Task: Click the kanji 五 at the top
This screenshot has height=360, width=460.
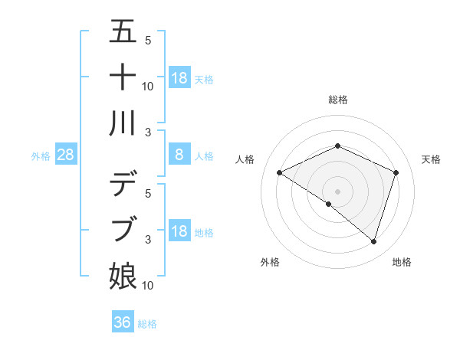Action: click(x=123, y=33)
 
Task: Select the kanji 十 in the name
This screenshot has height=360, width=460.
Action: click(x=123, y=77)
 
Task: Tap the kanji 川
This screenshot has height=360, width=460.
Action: click(x=123, y=123)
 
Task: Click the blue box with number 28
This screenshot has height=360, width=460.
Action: click(x=66, y=155)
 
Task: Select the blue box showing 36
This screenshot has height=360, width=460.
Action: click(x=123, y=322)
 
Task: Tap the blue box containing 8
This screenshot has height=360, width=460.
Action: click(x=179, y=155)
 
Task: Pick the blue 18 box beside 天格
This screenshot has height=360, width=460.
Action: click(x=179, y=78)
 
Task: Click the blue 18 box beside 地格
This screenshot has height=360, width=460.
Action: click(x=179, y=231)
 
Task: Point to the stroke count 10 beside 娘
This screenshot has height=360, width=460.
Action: click(x=148, y=286)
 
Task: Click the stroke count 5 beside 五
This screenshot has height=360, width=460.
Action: click(x=148, y=41)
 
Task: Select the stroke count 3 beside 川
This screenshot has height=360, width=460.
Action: click(x=148, y=133)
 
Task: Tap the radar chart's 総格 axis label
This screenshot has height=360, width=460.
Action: click(x=338, y=100)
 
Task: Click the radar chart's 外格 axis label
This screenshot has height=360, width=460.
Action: click(x=270, y=262)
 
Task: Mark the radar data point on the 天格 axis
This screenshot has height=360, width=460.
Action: click(x=396, y=172)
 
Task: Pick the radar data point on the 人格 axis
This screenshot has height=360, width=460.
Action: click(x=280, y=172)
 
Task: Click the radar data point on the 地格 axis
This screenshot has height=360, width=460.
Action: click(x=373, y=241)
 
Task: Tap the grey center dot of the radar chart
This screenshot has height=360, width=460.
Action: click(x=338, y=191)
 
